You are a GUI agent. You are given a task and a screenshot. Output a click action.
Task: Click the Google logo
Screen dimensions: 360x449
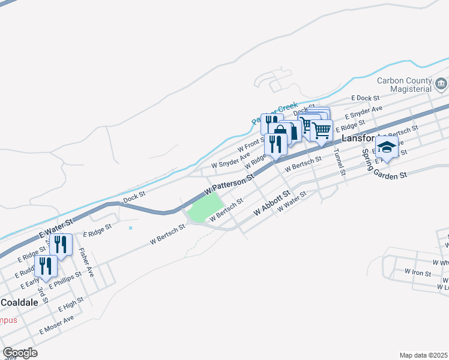click(20, 353)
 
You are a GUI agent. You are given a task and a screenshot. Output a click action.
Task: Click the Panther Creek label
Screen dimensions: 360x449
click(275, 115)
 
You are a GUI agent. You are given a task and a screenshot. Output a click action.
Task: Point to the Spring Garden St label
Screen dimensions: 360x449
click(384, 163)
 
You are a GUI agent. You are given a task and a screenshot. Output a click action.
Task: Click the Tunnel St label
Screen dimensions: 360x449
click(340, 162)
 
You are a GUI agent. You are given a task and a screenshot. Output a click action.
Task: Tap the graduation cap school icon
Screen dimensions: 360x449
click(387, 146)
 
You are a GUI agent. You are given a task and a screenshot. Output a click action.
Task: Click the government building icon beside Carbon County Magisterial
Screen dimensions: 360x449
click(441, 83)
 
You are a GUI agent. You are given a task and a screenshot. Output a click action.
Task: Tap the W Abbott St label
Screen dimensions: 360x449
click(272, 203)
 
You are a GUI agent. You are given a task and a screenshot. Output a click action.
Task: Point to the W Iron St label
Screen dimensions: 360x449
click(418, 272)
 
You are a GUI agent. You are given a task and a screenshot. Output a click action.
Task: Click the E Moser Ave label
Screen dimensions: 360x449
click(56, 325)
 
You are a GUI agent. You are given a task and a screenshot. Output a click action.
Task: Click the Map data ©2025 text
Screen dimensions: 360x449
click(423, 355)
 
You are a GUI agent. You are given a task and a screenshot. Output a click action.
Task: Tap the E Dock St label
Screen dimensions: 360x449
click(366, 98)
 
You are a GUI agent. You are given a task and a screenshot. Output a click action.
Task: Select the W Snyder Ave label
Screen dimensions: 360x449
click(230, 160)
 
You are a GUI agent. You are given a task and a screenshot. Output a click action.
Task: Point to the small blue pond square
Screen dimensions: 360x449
click(130, 227)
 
